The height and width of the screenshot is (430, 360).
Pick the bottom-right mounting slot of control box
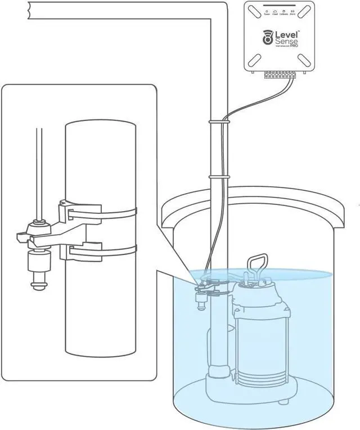[x=307, y=59]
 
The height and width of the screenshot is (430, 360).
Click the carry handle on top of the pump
[x=256, y=265]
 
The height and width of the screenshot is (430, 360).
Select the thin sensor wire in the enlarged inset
[x=38, y=169]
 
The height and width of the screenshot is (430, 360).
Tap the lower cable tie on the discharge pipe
[x=219, y=177]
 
